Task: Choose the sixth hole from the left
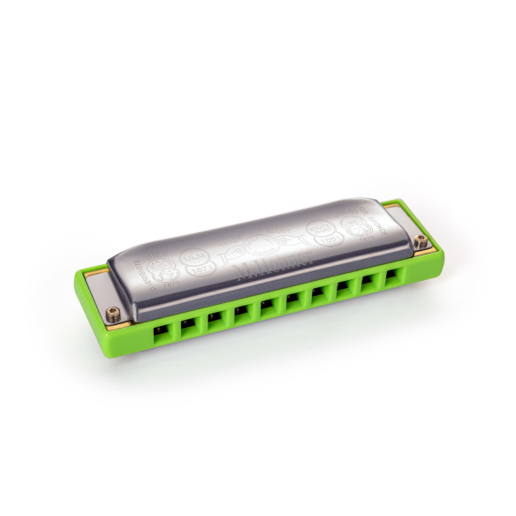(292, 301)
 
